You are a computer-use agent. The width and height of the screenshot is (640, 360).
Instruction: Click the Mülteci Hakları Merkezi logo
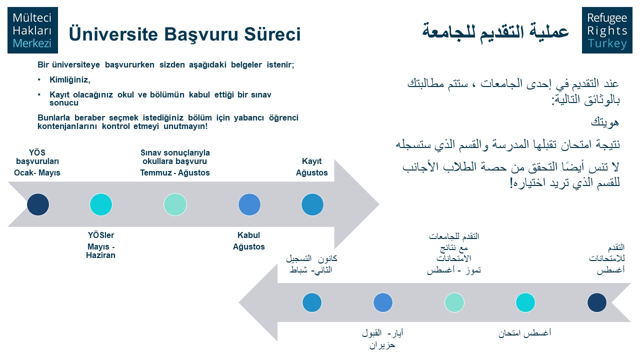click(x=32, y=30)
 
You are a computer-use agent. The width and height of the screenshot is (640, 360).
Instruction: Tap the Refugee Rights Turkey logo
click(x=607, y=30)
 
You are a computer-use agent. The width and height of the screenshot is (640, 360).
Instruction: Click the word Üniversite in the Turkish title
click(x=113, y=33)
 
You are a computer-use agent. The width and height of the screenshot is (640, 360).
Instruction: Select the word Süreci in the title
click(x=272, y=33)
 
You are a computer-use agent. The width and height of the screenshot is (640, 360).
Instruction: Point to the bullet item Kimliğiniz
click(x=70, y=79)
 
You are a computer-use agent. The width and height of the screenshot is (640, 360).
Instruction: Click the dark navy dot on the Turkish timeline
click(x=38, y=204)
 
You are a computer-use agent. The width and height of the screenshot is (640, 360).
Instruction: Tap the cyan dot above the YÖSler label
click(x=101, y=204)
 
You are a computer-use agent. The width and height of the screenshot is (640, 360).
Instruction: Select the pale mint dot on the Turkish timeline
click(x=175, y=204)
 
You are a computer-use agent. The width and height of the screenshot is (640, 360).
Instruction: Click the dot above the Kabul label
click(x=249, y=204)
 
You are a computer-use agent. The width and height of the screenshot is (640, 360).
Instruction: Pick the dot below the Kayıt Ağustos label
click(x=312, y=204)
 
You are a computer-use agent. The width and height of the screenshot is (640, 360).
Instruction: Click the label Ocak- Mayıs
click(x=37, y=172)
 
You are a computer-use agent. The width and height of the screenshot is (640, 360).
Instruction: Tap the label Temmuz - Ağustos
click(x=175, y=172)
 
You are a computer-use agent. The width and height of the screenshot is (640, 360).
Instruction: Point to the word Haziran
click(x=100, y=255)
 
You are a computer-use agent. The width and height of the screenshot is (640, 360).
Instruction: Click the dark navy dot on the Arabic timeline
click(x=597, y=302)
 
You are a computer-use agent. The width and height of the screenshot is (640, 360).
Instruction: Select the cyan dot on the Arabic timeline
click(x=525, y=302)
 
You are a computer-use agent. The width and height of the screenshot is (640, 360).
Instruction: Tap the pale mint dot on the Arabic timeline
click(x=454, y=302)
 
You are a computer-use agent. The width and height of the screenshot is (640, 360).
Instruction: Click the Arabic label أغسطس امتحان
click(x=525, y=333)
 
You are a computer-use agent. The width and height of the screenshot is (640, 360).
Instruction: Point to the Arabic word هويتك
click(x=605, y=122)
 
